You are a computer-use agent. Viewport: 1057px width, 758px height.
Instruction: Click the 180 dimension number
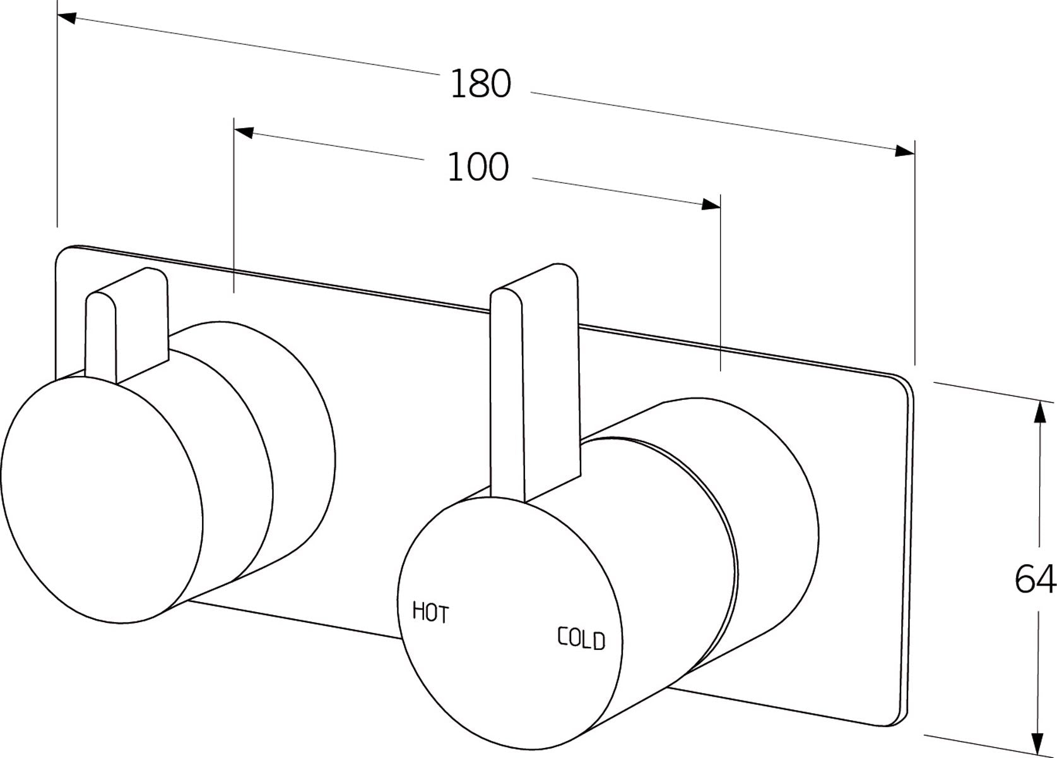tap(480, 84)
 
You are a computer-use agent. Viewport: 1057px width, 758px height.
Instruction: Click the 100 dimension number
tap(477, 167)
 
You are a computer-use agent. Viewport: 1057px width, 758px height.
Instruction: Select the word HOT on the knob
tap(430, 612)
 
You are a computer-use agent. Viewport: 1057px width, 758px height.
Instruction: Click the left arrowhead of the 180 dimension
tap(67, 18)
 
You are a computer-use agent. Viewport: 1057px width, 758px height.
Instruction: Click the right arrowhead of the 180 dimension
tap(905, 150)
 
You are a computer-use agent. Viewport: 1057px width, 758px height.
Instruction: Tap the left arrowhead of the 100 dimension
tap(244, 132)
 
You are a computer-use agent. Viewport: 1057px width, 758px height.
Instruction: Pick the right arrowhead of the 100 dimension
tap(711, 203)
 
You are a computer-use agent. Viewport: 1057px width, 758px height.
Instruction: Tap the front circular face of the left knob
tap(101, 499)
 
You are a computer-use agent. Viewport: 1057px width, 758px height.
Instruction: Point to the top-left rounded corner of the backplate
tap(63, 253)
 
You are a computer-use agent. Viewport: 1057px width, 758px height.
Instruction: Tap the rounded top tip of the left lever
tap(101, 297)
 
